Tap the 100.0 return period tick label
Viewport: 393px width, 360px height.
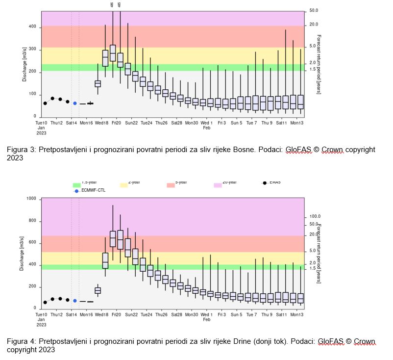coord(315,216)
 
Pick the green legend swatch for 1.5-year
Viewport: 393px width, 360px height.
coord(76,185)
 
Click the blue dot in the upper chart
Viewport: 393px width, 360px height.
coord(75,103)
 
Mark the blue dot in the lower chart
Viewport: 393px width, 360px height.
coord(75,301)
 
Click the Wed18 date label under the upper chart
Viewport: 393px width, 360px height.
coord(101,123)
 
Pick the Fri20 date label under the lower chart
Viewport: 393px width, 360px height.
coord(116,315)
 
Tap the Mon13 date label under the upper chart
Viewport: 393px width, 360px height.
coord(296,123)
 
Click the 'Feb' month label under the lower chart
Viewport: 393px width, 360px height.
coord(206,320)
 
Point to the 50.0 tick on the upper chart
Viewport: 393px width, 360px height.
coord(314,11)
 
